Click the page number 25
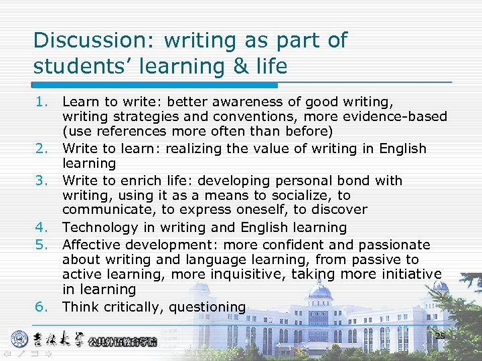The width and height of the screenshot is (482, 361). tap(440, 336)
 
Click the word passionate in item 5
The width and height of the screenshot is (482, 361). tap(393, 245)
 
